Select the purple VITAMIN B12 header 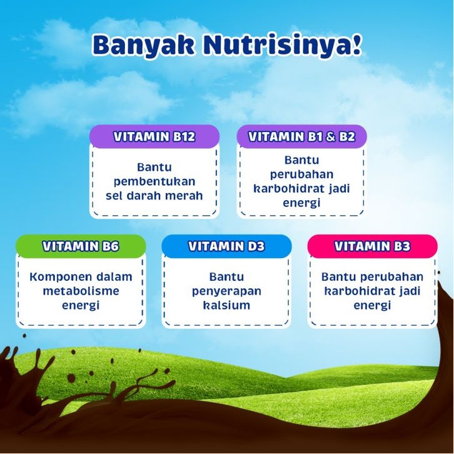(154, 137)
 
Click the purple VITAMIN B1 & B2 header (301, 137)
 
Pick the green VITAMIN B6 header (81, 246)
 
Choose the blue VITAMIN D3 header (227, 246)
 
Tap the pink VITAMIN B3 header (373, 246)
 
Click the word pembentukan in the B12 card (154, 182)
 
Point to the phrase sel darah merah (154, 196)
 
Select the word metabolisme (81, 291)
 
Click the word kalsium (227, 305)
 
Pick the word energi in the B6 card (81, 306)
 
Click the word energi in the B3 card (373, 306)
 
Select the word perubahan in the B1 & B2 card (301, 175)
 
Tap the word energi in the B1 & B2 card (301, 203)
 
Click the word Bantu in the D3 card (227, 277)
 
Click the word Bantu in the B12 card (154, 168)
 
